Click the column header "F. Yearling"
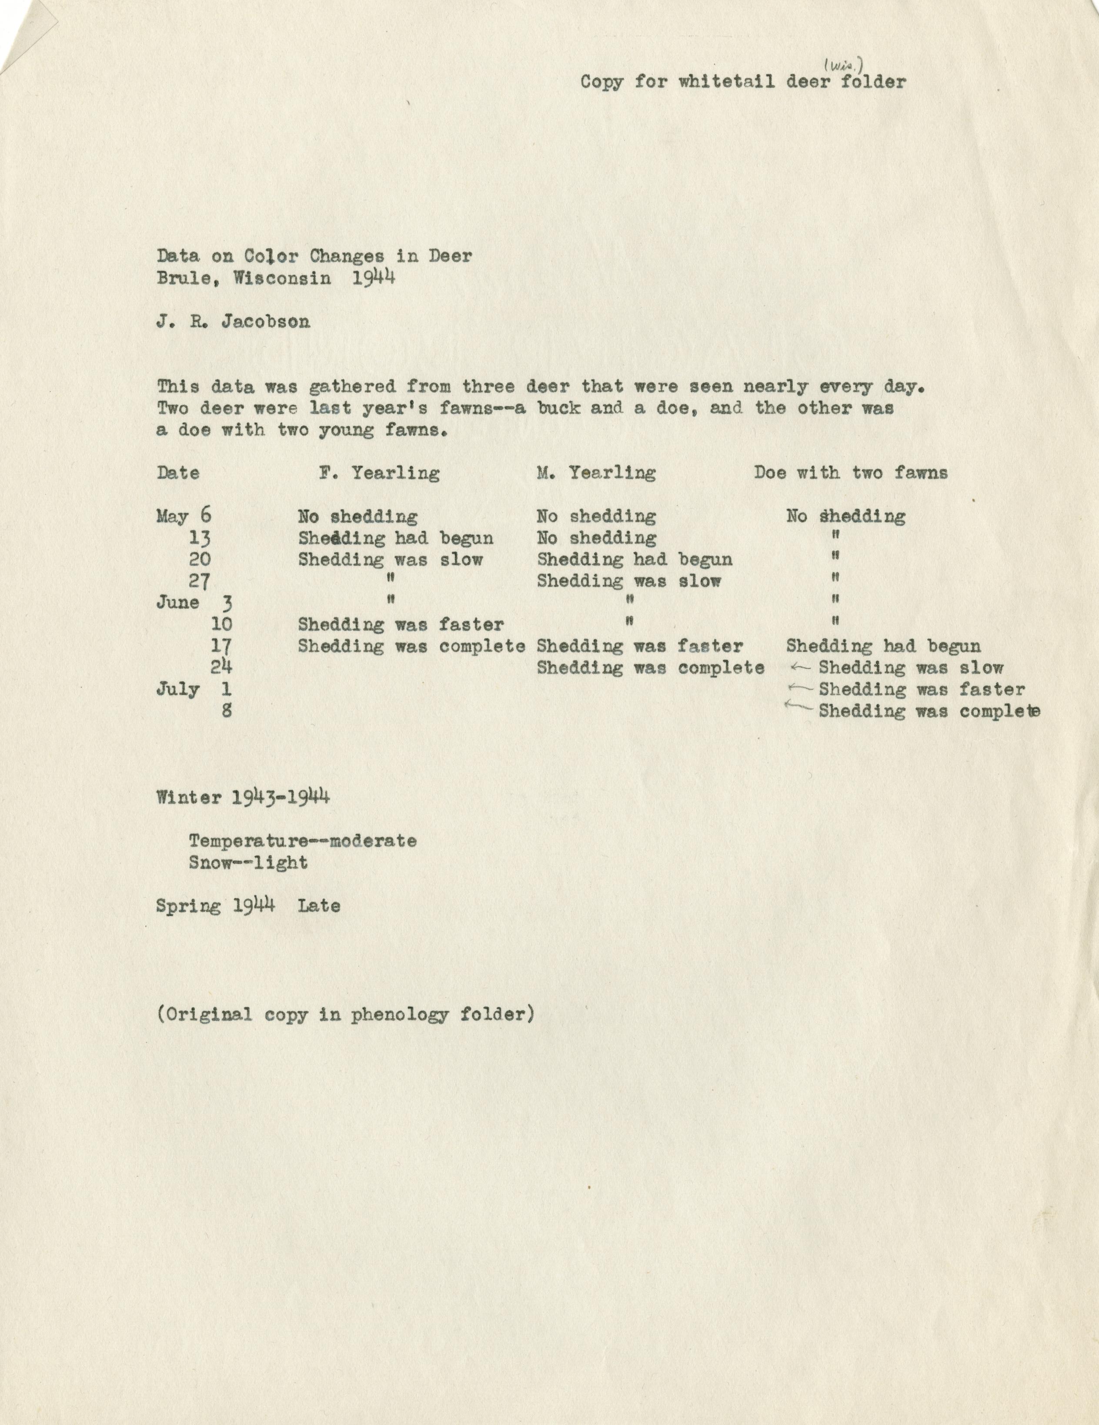pos(379,473)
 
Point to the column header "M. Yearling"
pos(596,473)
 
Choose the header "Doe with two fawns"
pos(851,473)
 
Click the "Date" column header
pos(178,473)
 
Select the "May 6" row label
pos(184,516)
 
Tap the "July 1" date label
pos(194,689)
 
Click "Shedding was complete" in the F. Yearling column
pos(411,646)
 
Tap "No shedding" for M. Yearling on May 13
pos(596,538)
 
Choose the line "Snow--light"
pos(248,862)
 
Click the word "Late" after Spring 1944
pos(319,905)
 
